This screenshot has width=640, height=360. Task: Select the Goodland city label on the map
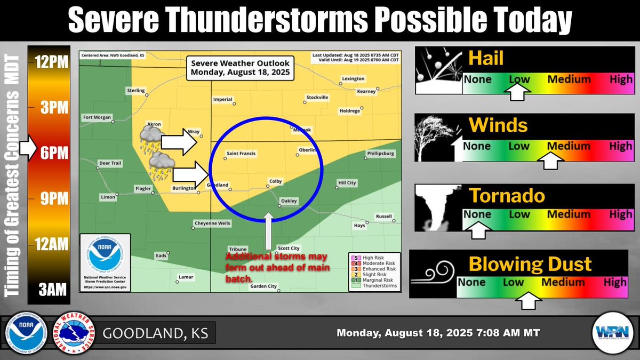point(218,185)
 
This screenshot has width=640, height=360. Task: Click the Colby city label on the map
point(275,181)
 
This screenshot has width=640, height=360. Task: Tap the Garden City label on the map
point(263,286)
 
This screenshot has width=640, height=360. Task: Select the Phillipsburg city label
point(380,154)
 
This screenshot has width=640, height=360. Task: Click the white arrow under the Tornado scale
point(478,230)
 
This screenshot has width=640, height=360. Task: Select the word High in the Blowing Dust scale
point(615,282)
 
